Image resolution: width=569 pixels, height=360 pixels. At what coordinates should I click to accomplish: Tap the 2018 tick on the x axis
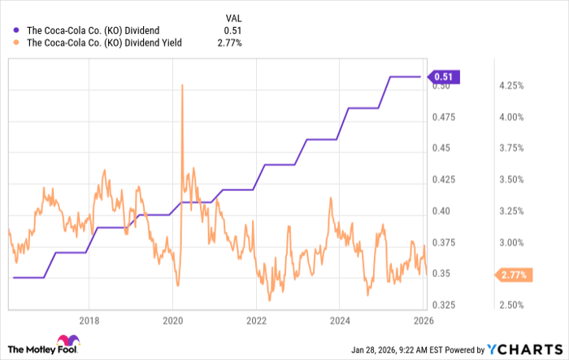(89, 319)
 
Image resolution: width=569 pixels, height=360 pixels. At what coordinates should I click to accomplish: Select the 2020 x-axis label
(172, 319)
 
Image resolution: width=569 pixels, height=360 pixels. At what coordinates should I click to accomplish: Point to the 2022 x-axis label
(256, 319)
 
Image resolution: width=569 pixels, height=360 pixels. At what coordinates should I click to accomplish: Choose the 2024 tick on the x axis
(340, 319)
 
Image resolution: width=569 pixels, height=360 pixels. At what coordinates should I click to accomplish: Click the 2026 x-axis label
(423, 319)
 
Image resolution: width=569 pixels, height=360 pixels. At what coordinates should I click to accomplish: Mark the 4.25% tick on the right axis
(510, 85)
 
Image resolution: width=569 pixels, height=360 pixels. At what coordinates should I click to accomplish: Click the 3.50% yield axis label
(510, 180)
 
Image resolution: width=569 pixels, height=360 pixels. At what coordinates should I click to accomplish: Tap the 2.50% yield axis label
(510, 305)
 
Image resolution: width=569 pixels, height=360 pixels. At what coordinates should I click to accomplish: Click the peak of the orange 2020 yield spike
(181, 85)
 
